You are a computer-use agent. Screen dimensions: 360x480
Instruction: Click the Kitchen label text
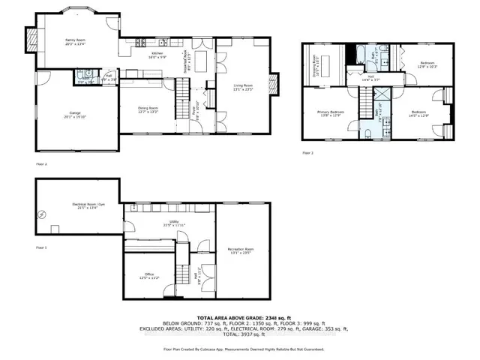(157, 55)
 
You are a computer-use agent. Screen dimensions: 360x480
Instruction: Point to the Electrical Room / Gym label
(88, 208)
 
